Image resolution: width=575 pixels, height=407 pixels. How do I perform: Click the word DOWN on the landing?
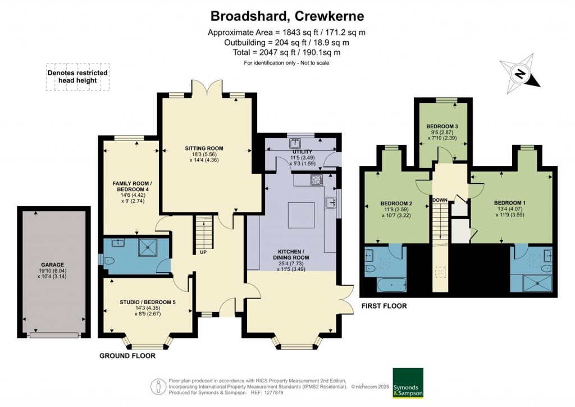click(x=440, y=200)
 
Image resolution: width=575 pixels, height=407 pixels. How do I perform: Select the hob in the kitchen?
click(x=316, y=180)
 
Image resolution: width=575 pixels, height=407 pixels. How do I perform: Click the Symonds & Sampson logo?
click(x=408, y=383)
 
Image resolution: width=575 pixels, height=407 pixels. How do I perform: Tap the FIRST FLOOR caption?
click(x=384, y=306)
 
